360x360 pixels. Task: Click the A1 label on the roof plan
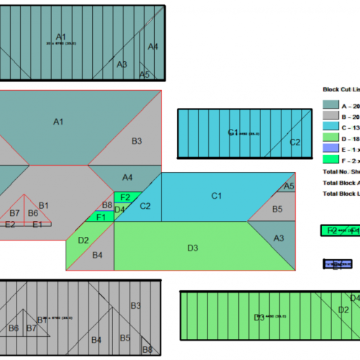[58, 122]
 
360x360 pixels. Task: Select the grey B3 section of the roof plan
[136, 141]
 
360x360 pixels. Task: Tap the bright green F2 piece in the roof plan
[125, 197]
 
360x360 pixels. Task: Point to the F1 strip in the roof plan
[101, 217]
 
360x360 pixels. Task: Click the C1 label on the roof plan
[216, 196]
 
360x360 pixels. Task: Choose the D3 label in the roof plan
[192, 248]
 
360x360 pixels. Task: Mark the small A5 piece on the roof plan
[289, 186]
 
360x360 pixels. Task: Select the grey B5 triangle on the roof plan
[277, 209]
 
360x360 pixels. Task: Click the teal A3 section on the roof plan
[279, 238]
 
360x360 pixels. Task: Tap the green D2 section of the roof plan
[83, 240]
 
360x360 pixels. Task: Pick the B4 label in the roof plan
[98, 256]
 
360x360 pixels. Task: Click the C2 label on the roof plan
[145, 207]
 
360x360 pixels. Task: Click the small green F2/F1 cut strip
[340, 230]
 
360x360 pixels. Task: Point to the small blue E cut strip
[338, 264]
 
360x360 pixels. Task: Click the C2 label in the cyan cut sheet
[294, 143]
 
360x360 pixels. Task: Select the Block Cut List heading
[341, 91]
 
